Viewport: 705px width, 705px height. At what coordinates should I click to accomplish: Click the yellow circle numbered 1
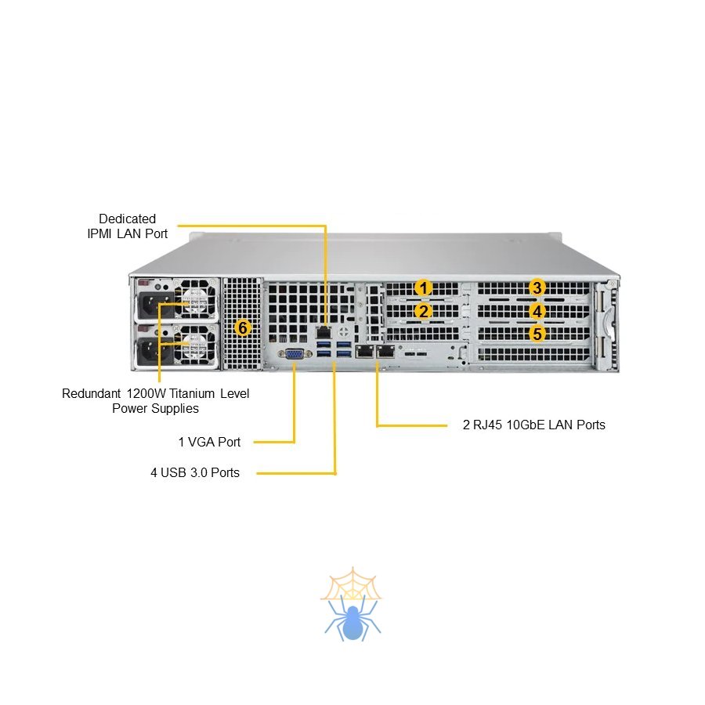pyautogui.click(x=423, y=287)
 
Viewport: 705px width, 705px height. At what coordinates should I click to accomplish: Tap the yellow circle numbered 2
pyautogui.click(x=423, y=311)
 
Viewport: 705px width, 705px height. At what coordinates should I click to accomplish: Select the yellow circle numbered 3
pyautogui.click(x=537, y=287)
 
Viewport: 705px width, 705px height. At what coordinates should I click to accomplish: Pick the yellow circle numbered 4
pyautogui.click(x=537, y=311)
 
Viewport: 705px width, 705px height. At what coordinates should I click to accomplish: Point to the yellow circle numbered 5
pyautogui.click(x=537, y=334)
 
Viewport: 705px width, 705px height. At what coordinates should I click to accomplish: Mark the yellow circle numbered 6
pyautogui.click(x=243, y=327)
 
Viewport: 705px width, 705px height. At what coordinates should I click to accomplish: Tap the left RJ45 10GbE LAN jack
pyautogui.click(x=364, y=352)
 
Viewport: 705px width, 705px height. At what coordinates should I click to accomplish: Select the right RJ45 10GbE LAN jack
pyautogui.click(x=384, y=352)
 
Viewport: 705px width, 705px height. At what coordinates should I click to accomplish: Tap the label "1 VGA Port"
pyautogui.click(x=209, y=442)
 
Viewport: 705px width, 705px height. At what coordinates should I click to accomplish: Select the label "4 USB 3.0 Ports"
pyautogui.click(x=195, y=472)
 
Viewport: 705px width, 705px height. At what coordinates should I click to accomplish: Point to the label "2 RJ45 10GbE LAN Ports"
pyautogui.click(x=533, y=425)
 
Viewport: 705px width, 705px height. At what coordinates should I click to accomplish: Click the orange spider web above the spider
pyautogui.click(x=351, y=584)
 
